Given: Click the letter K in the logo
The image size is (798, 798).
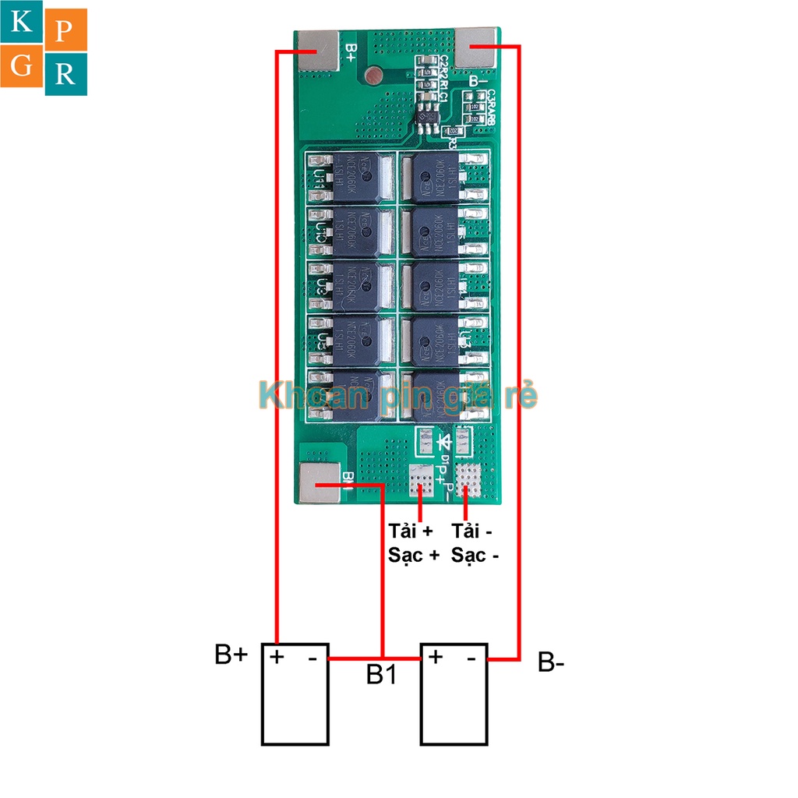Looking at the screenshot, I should [x=23, y=24].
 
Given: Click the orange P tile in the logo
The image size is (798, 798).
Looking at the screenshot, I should [x=65, y=30].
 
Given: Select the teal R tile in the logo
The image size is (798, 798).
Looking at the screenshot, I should [x=65, y=74].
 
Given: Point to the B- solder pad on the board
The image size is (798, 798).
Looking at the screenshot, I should [x=477, y=48].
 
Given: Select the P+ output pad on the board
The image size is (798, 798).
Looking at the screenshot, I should [x=422, y=480].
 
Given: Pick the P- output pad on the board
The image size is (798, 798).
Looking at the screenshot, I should [x=468, y=478].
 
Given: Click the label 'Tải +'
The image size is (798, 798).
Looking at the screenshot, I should [x=410, y=531].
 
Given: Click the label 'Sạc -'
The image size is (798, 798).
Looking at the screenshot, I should [x=475, y=556].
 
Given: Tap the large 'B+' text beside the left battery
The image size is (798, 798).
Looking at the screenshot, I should [x=231, y=655].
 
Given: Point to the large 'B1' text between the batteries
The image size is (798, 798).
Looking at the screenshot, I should [x=382, y=675].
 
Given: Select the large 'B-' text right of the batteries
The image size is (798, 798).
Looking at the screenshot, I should [x=551, y=663].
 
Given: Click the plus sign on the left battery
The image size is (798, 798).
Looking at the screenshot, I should [x=277, y=657].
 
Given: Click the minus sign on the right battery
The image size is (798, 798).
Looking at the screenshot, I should [x=471, y=659].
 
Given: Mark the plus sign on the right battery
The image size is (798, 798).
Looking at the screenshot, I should [x=436, y=657].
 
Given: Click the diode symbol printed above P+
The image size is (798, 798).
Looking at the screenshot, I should [x=446, y=443].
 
